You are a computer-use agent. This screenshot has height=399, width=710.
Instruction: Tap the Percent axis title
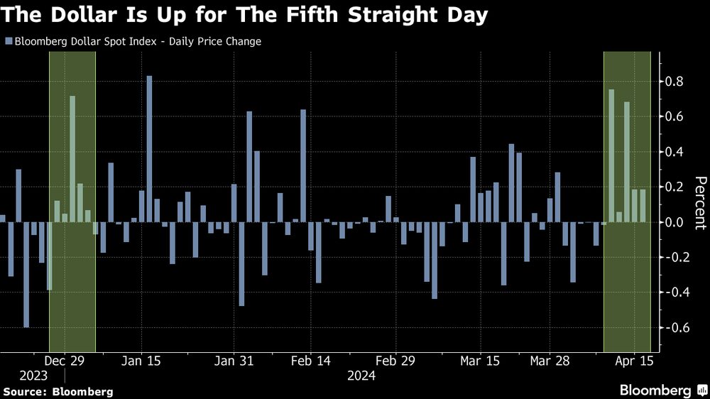(699, 204)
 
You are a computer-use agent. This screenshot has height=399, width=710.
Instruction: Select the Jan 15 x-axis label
(141, 361)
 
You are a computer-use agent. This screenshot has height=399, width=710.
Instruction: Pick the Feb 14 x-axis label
(311, 361)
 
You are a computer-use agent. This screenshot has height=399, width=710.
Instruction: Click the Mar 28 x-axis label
(550, 361)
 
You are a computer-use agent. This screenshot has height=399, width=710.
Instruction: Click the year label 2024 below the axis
(361, 376)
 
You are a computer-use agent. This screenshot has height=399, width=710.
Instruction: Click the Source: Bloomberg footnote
(58, 391)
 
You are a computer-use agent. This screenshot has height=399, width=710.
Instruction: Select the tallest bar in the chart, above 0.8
(150, 149)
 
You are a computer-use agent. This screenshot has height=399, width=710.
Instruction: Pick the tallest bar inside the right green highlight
(611, 156)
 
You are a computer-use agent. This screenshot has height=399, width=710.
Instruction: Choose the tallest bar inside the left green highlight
(72, 159)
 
